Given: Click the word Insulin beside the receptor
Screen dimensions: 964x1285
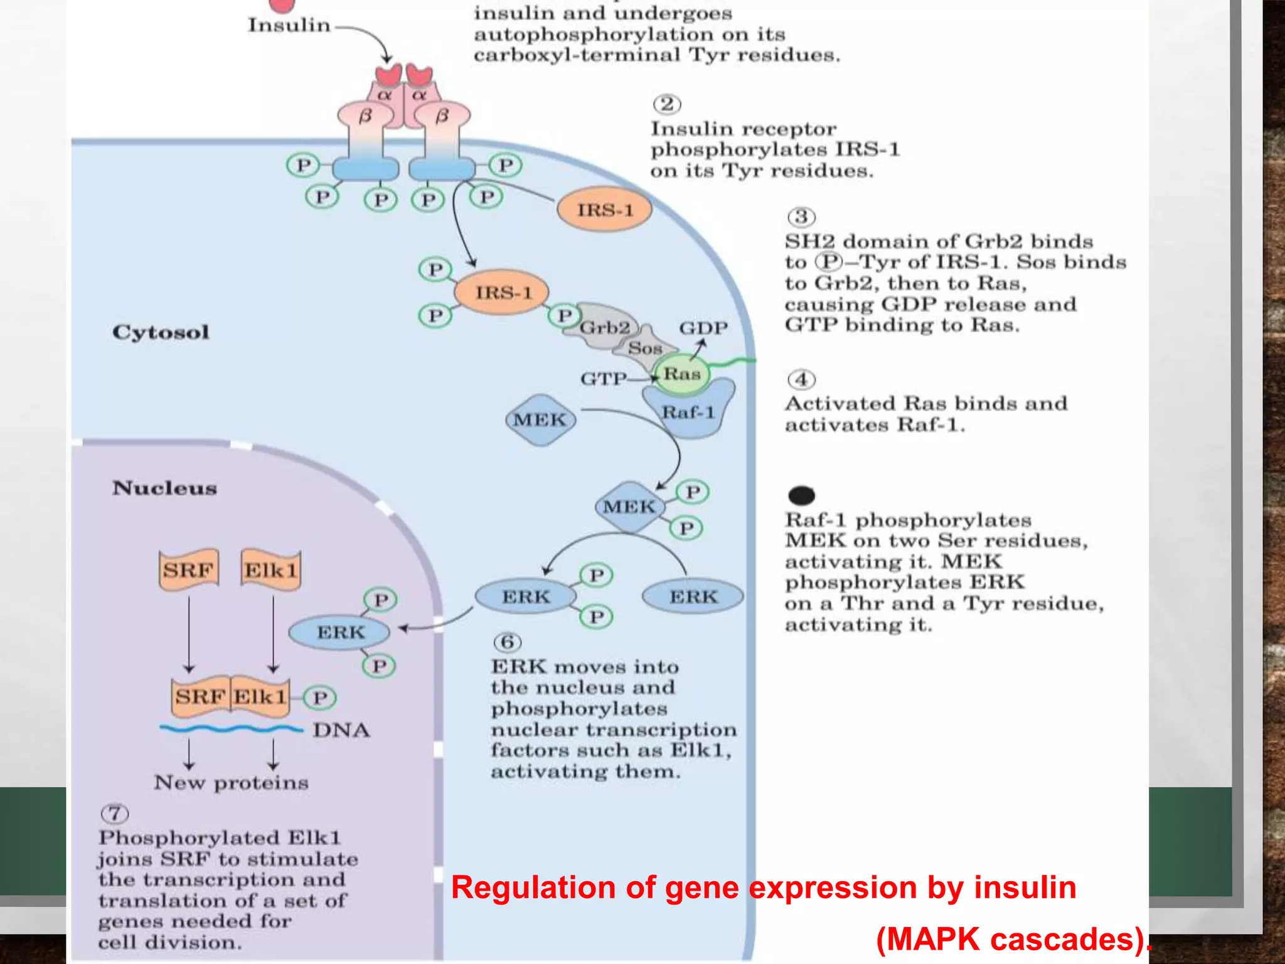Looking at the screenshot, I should (x=289, y=25).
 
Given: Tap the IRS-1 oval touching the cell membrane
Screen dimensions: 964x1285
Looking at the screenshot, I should (x=604, y=210).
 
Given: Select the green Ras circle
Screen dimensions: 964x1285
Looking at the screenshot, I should (x=681, y=374).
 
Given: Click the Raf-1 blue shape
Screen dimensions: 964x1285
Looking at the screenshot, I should (x=689, y=412).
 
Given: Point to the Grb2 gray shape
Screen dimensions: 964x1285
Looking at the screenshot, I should (x=604, y=327).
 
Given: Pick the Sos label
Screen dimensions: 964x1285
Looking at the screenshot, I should (x=645, y=348).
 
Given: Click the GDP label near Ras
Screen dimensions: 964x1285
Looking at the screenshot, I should (x=703, y=328).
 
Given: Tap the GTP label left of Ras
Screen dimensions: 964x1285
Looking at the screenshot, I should (x=603, y=378).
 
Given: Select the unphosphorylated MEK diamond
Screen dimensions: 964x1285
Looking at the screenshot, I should (x=540, y=420).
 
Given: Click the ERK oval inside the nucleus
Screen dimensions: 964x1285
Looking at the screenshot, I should (x=339, y=632).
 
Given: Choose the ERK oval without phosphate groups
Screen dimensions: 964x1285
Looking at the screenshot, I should (x=693, y=596).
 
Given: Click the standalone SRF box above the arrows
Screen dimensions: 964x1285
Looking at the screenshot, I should (x=188, y=570).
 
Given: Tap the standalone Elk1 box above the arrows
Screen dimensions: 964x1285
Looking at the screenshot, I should (x=270, y=570).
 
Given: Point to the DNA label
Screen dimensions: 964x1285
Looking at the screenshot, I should (x=341, y=730).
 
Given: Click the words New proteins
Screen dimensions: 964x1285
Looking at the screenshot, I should (x=232, y=783).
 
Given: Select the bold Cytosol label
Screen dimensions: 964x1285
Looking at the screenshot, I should (x=161, y=332).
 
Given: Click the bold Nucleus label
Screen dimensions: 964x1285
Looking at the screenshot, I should (x=164, y=488).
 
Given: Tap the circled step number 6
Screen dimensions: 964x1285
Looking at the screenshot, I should (x=507, y=642).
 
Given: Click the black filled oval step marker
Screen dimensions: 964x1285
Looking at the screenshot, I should (x=801, y=495).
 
